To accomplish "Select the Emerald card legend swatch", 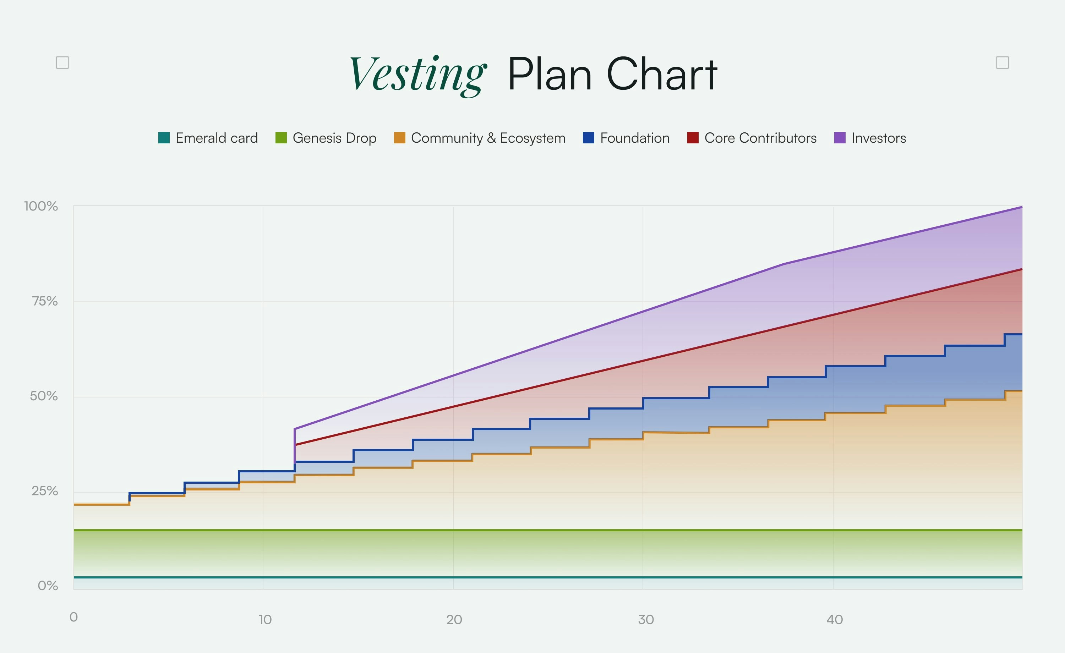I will pos(164,138).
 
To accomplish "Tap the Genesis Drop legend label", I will pos(334,138).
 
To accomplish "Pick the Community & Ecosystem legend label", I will pos(488,138).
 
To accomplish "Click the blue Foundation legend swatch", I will pos(588,138).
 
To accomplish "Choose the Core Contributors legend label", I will pos(760,138).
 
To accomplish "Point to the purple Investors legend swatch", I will pos(839,138).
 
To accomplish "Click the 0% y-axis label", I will pos(48,586).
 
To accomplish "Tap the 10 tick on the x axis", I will pos(265,620).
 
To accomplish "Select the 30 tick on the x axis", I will pos(646,620).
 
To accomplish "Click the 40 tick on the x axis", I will pos(835,620).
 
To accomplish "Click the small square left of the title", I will pos(63,63).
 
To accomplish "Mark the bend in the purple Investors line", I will pos(783,264).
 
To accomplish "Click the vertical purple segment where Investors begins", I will pos(294,445).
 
